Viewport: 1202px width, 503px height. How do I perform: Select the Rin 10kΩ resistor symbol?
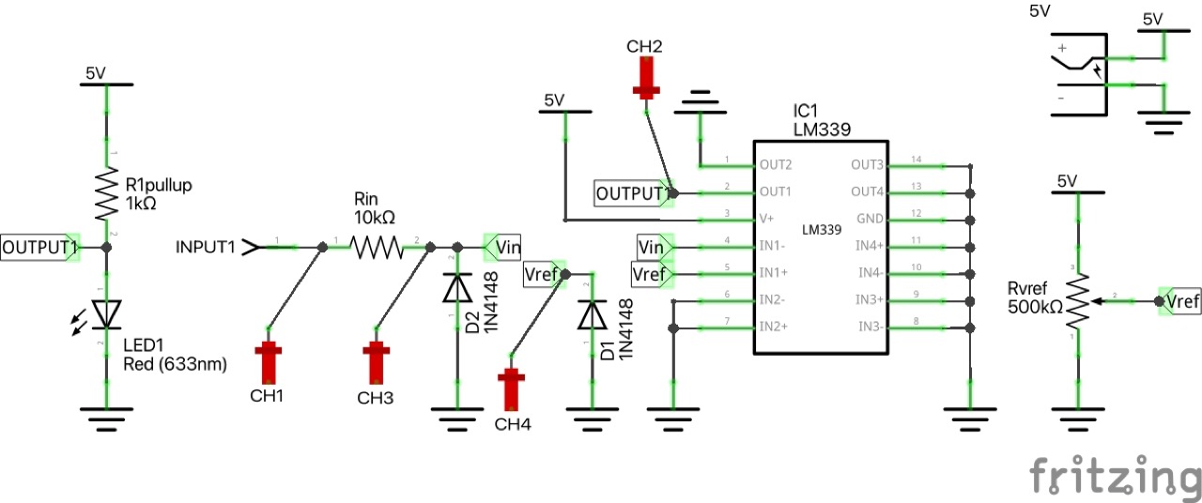point(376,247)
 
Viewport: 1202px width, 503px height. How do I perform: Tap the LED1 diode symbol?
point(106,312)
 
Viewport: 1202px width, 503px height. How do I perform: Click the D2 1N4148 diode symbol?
point(457,288)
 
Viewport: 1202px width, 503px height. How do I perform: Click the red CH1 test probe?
point(270,360)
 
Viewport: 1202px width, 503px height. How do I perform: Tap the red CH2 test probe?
point(645,77)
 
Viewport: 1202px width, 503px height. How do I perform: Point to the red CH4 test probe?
point(512,389)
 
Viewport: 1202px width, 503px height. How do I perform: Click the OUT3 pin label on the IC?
point(868,164)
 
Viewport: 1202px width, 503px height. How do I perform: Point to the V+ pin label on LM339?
point(767,219)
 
